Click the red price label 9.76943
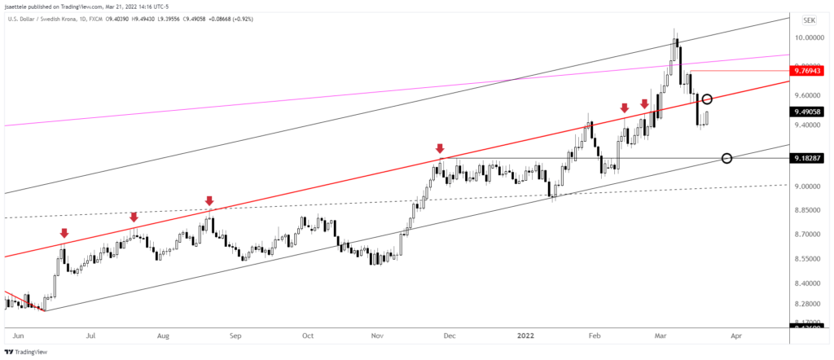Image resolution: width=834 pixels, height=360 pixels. coord(812,72)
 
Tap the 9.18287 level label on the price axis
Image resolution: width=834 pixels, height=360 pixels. coord(812,158)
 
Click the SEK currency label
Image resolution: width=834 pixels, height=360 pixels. coord(811,20)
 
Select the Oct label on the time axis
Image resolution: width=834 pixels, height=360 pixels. coord(307,335)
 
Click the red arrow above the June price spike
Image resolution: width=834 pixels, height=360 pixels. coord(64,234)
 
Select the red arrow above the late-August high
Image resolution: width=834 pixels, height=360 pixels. coord(209,200)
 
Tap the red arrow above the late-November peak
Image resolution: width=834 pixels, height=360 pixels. coord(440,149)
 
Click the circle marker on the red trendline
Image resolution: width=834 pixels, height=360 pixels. coord(708,99)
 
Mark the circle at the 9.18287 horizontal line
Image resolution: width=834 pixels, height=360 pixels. coord(726,158)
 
